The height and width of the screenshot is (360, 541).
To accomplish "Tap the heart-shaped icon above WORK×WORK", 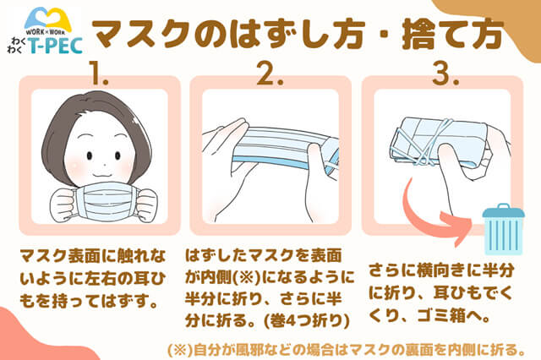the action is [47, 18].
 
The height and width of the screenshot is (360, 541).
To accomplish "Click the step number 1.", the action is [99, 74].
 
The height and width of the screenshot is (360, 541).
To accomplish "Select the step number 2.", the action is [270, 74].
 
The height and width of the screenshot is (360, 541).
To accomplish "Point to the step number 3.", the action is [445, 74].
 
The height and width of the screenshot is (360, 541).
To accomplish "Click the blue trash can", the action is [504, 229].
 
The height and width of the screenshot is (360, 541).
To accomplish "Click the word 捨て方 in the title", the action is [453, 34].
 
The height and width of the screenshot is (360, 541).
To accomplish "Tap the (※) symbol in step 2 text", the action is [247, 276].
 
